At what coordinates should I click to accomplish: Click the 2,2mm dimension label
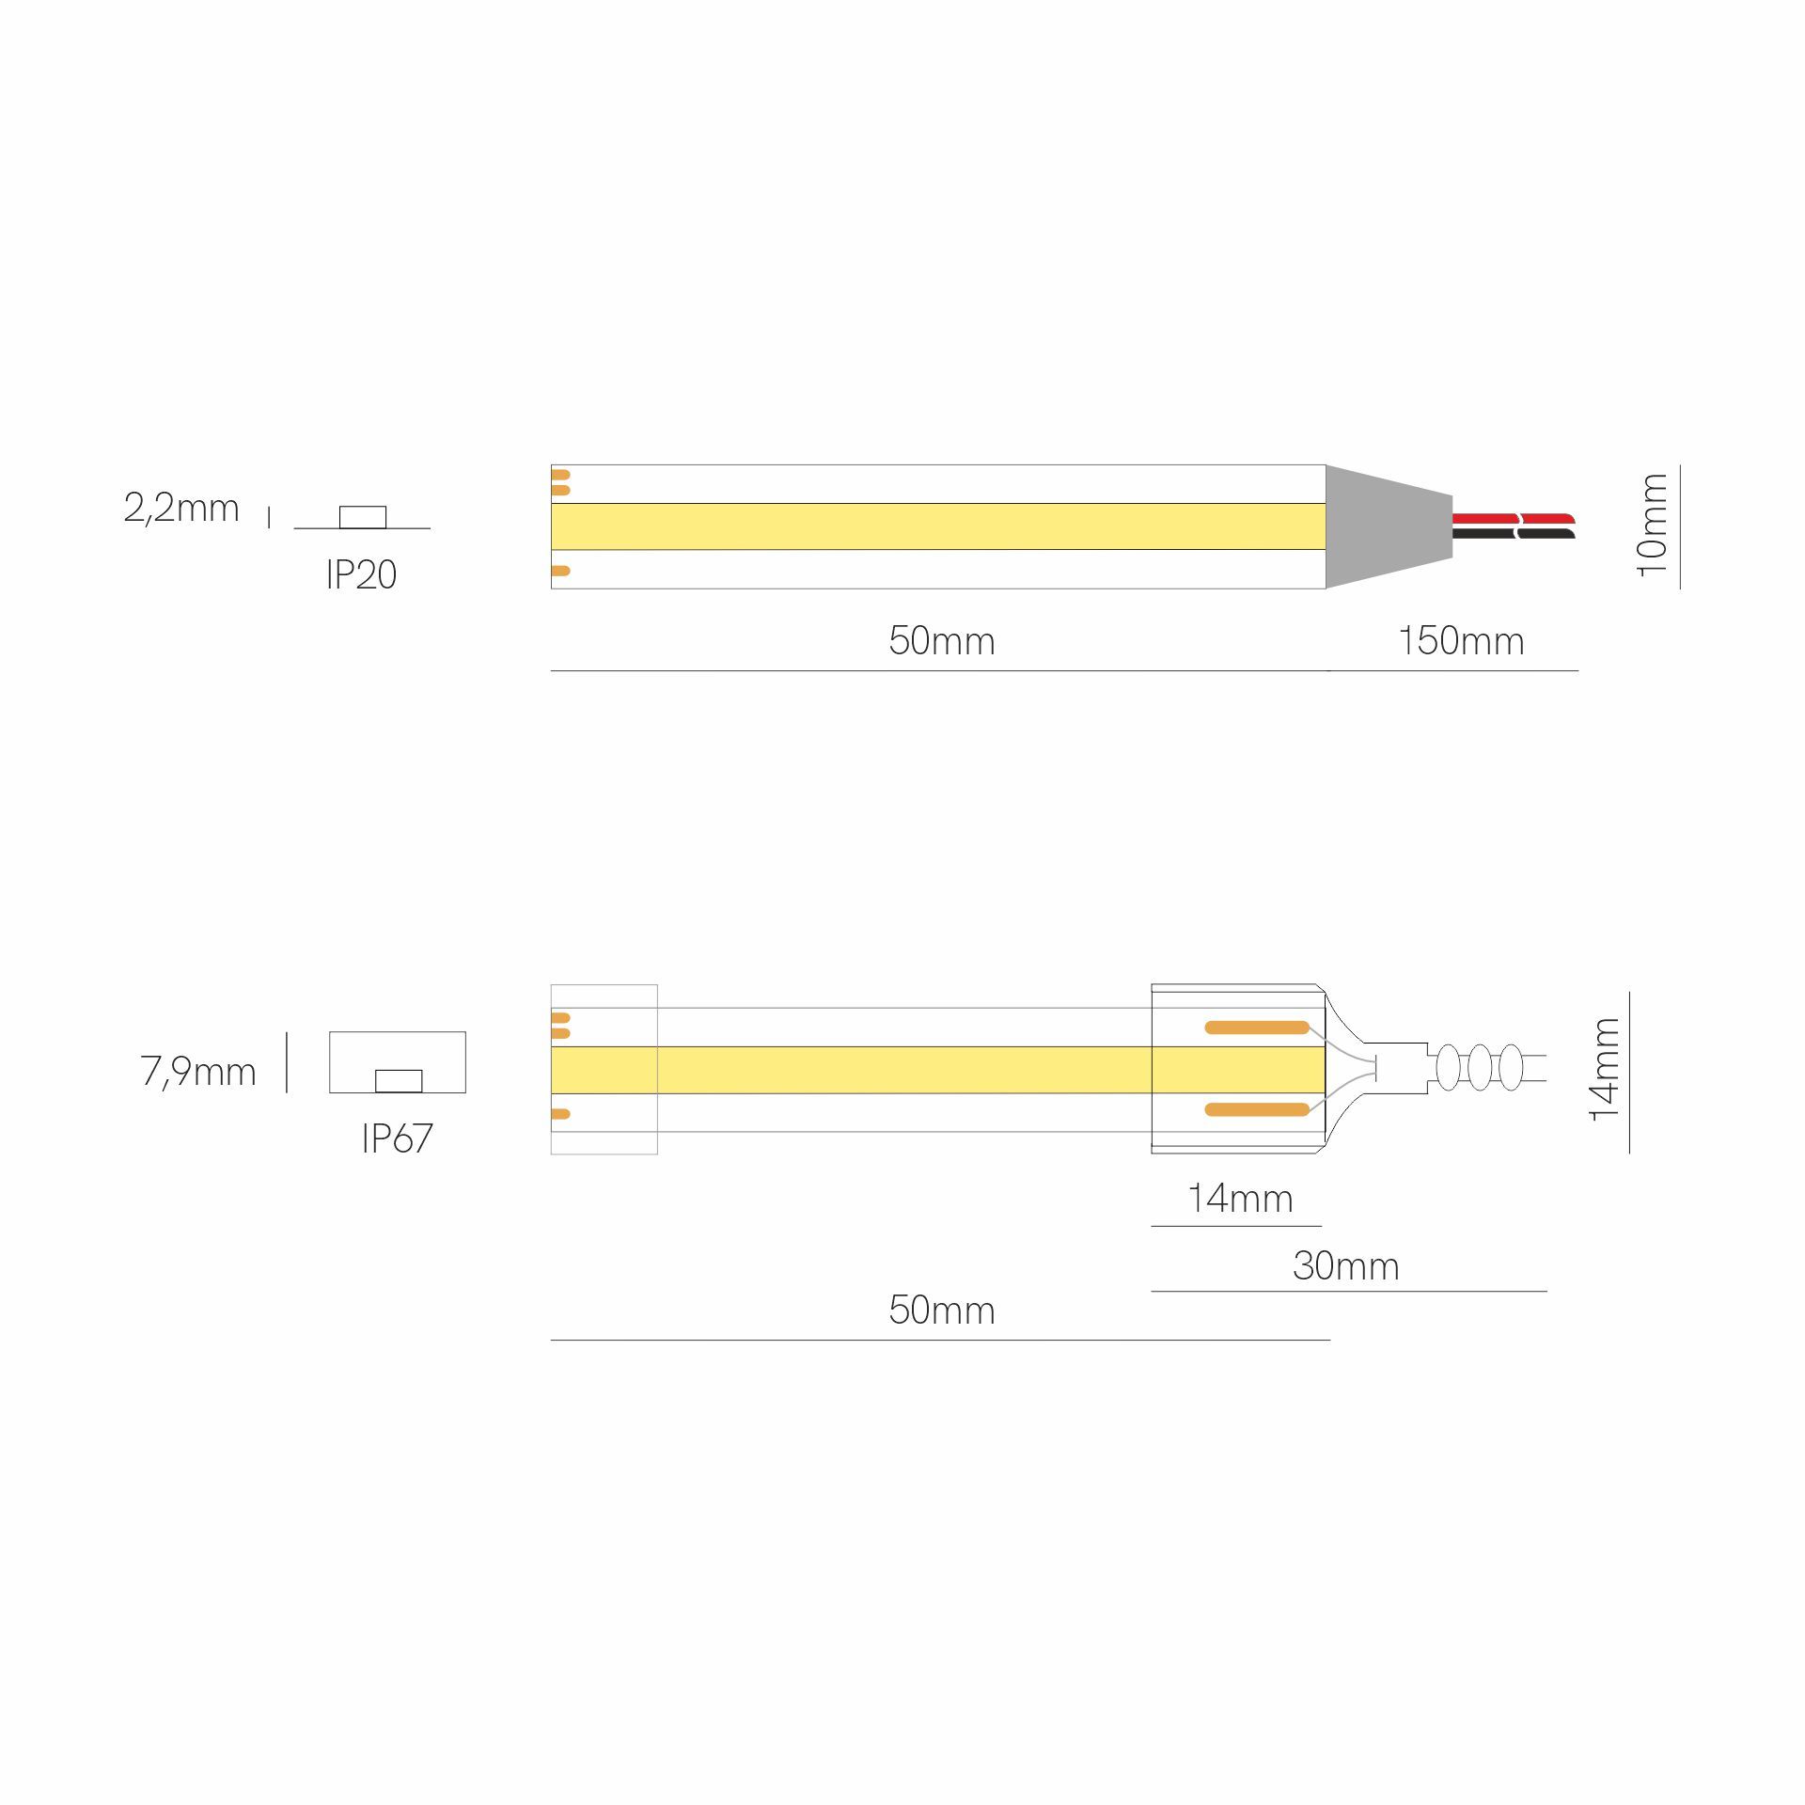(x=181, y=509)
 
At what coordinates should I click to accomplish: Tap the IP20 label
(x=361, y=574)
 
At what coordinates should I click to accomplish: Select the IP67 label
(x=397, y=1138)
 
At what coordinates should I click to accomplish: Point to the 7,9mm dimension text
(x=198, y=1072)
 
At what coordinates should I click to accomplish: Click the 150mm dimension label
(x=1461, y=641)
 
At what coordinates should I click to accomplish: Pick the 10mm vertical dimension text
(x=1652, y=525)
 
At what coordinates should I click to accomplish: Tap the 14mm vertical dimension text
(x=1604, y=1069)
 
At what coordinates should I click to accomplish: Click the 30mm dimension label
(x=1346, y=1266)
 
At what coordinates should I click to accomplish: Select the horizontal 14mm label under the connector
(x=1240, y=1199)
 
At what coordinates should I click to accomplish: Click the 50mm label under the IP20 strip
(x=942, y=641)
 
